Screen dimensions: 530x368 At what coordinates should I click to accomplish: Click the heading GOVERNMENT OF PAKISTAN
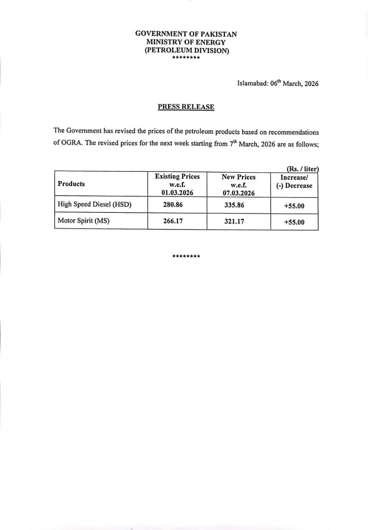click(x=186, y=34)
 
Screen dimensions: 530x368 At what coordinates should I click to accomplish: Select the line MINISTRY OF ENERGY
click(x=186, y=42)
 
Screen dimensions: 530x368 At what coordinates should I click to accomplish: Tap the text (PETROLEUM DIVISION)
click(x=186, y=51)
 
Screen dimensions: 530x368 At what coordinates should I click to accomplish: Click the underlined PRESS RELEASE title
click(x=186, y=107)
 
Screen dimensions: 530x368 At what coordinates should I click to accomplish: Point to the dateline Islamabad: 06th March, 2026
click(x=278, y=83)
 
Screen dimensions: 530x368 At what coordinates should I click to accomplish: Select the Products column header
click(x=71, y=184)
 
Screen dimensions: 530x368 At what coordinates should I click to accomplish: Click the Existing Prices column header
click(x=177, y=184)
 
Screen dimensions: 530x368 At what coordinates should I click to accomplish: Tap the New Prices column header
click(x=238, y=185)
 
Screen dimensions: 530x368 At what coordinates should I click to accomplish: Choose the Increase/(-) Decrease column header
click(x=294, y=181)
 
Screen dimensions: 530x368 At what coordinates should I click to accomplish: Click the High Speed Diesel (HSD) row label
click(x=94, y=205)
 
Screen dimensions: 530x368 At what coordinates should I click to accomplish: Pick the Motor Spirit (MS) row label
click(x=84, y=221)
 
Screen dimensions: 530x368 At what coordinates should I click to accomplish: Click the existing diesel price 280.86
click(x=173, y=205)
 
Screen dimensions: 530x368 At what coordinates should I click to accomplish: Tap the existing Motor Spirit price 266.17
click(x=173, y=221)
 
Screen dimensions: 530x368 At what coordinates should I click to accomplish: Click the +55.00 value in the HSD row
click(x=294, y=206)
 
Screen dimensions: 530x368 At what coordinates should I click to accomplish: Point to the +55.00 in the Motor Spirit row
click(x=294, y=222)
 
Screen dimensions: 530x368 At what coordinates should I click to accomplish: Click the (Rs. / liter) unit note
click(x=302, y=169)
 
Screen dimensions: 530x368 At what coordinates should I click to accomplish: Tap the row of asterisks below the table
click(x=186, y=256)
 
